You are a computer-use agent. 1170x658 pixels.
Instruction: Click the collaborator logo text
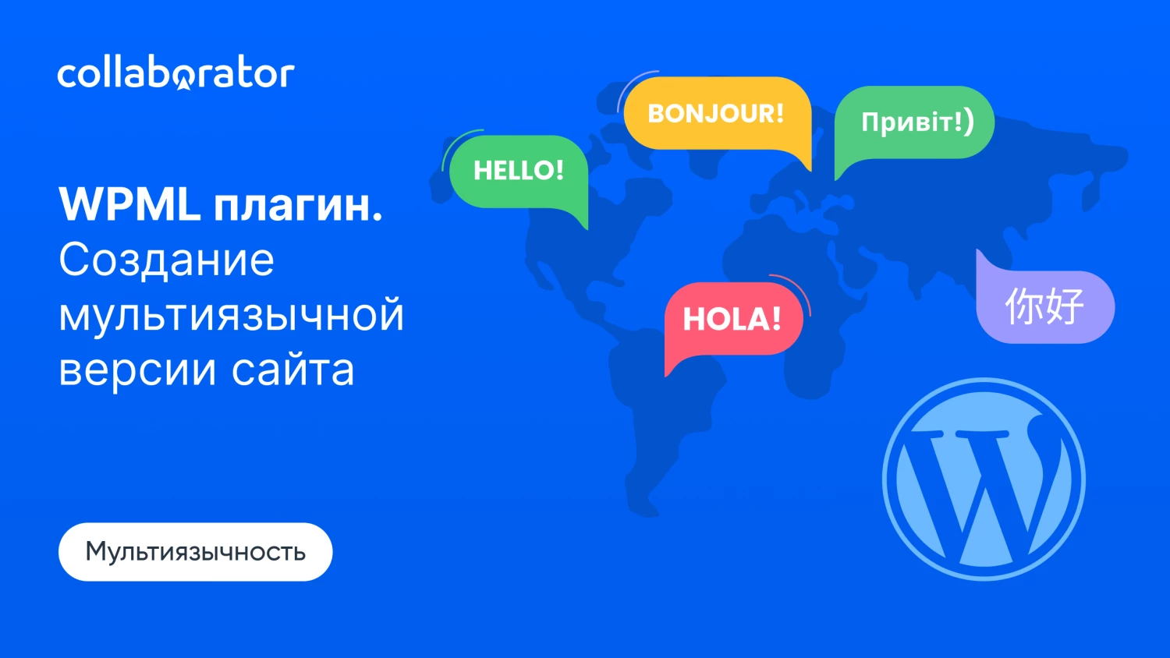tap(176, 75)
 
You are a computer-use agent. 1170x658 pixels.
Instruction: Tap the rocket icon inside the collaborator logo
tap(183, 83)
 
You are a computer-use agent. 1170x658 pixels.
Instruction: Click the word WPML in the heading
tap(130, 204)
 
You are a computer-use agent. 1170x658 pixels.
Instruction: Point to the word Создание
tap(167, 260)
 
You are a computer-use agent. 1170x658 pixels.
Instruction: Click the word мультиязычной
tap(232, 315)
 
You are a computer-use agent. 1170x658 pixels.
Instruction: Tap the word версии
tap(137, 370)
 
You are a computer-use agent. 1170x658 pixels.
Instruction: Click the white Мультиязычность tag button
tap(195, 551)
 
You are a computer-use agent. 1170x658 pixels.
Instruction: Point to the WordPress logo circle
tap(984, 479)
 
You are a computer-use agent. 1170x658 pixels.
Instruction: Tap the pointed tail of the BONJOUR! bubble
tap(810, 169)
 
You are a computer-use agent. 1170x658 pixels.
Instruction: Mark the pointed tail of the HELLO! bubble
tap(587, 228)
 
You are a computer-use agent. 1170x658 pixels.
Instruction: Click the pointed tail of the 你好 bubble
tap(978, 251)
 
